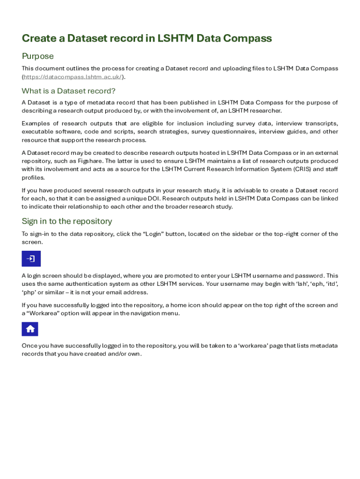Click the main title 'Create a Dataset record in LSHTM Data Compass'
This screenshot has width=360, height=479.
(146, 38)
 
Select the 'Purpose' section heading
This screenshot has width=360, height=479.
(37, 56)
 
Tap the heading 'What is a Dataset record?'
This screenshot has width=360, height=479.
(68, 91)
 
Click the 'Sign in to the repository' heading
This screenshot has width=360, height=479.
(67, 221)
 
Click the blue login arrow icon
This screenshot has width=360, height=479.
(31, 259)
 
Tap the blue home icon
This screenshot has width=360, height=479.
(30, 329)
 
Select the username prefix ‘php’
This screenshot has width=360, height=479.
(28, 292)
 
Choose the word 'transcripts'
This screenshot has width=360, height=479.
(322, 123)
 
